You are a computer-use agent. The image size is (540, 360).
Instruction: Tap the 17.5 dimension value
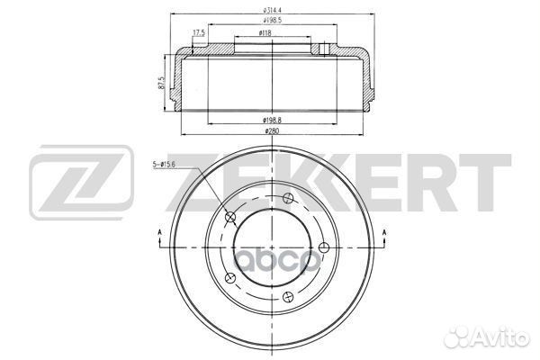tap(198, 34)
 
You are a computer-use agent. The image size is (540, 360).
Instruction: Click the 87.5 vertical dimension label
tap(161, 84)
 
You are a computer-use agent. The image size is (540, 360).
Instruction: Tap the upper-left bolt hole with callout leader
tap(229, 216)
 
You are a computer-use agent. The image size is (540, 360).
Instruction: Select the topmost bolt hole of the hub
tap(287, 199)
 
